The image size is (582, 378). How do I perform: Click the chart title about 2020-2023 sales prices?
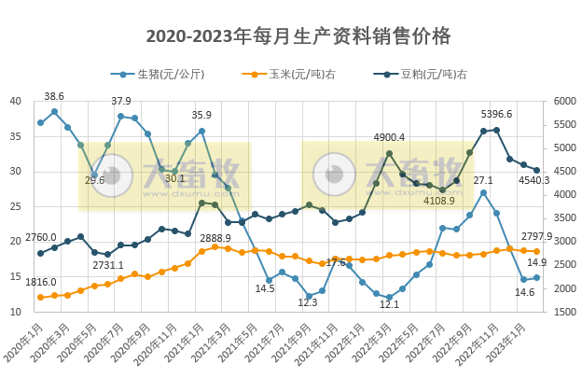(x=298, y=36)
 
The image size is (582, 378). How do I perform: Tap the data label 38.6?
(x=54, y=96)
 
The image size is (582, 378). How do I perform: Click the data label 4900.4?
(x=389, y=138)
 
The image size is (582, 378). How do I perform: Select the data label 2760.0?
(x=40, y=237)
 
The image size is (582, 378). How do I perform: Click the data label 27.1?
(x=483, y=179)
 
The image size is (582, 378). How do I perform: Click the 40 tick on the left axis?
(x=16, y=102)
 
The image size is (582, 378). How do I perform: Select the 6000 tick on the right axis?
(x=565, y=102)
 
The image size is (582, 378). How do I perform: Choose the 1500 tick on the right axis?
(x=565, y=311)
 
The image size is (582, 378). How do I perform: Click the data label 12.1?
(x=389, y=304)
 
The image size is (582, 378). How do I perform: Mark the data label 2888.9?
(x=215, y=238)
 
